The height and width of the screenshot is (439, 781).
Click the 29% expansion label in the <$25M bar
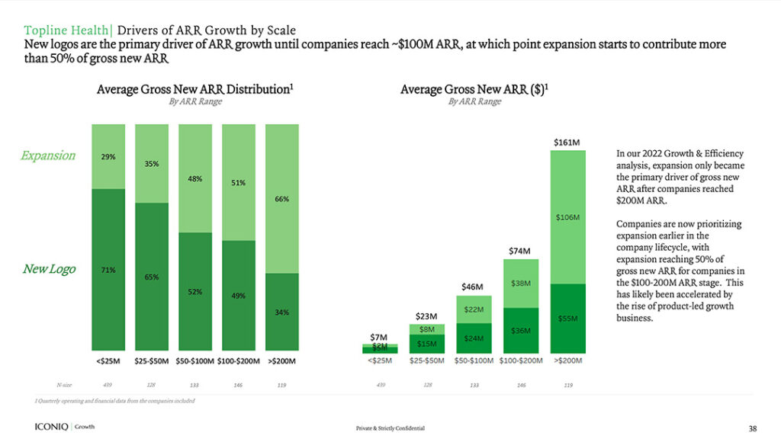[108, 157]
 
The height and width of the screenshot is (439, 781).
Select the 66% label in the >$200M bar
[281, 199]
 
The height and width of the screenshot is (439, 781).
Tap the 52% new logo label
[194, 292]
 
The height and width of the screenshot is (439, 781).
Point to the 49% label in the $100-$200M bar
[238, 296]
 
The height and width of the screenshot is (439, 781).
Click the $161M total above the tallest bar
[567, 142]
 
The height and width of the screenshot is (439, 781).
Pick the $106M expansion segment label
[567, 217]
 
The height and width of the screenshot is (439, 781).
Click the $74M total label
[519, 251]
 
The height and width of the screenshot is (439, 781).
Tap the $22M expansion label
[473, 309]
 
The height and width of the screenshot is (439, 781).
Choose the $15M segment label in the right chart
[426, 344]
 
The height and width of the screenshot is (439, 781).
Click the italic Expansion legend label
[48, 155]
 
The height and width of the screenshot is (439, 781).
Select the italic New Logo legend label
[48, 269]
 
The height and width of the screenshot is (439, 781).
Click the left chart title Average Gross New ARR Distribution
[194, 89]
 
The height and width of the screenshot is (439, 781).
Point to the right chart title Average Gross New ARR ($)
[474, 89]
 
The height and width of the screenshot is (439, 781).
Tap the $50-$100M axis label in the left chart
[194, 360]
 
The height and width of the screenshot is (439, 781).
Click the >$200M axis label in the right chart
[567, 360]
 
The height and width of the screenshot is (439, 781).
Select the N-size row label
[64, 386]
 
